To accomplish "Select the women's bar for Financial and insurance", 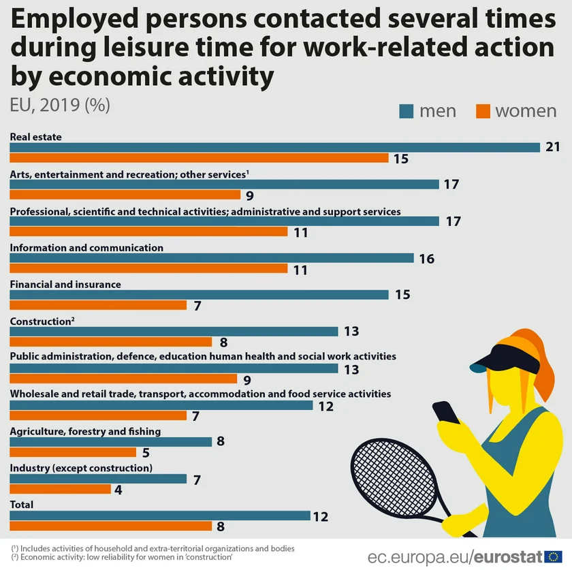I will [98, 305].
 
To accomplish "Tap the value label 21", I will [553, 147].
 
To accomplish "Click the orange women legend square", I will [483, 111].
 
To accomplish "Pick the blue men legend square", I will [407, 111].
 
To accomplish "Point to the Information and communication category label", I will [86, 247].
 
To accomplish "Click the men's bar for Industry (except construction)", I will [98, 479].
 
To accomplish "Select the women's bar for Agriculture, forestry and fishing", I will [73, 452].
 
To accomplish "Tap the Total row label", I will [22, 505].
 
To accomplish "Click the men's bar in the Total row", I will [160, 516].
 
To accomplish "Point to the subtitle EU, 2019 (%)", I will [60, 105].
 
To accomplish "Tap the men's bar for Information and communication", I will [212, 258].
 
